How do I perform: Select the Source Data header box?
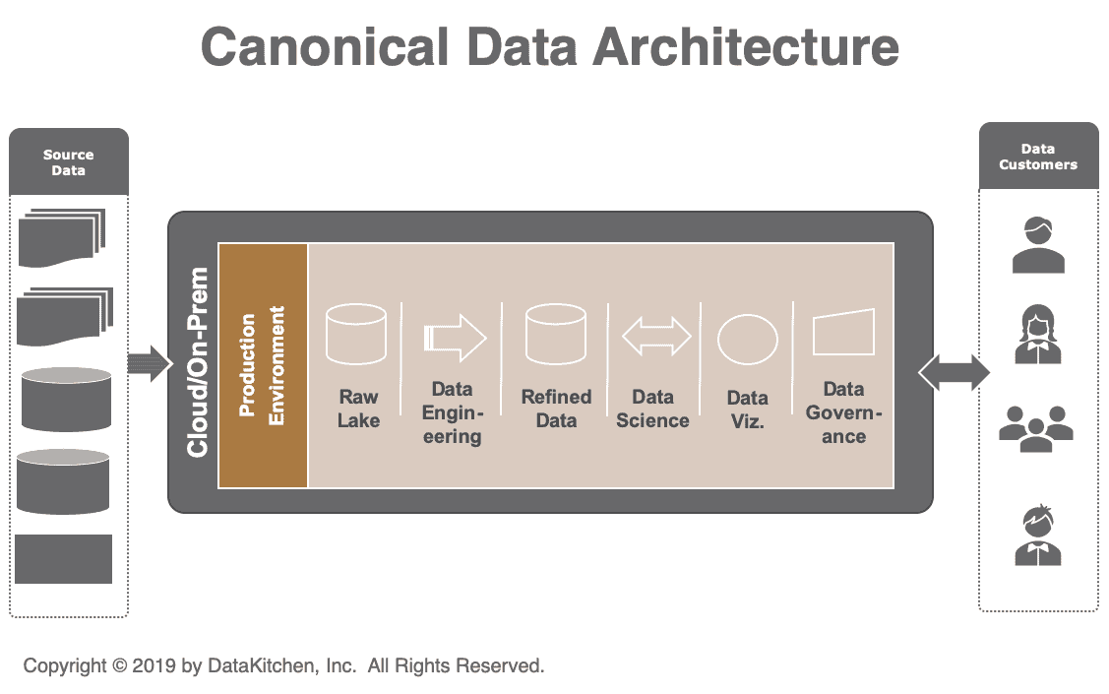click(69, 161)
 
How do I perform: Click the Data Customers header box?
click(1038, 157)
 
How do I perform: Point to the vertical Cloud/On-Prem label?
click(198, 361)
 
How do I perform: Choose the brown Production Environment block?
click(263, 364)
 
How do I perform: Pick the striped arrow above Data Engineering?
click(455, 338)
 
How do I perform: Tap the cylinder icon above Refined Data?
click(556, 336)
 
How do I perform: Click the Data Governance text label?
click(843, 412)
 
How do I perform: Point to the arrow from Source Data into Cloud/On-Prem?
click(150, 364)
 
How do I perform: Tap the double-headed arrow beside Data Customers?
click(954, 372)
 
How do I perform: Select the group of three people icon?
click(1035, 428)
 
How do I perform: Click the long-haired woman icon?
click(1038, 335)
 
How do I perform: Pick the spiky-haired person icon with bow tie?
click(1038, 536)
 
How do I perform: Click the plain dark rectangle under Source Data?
click(64, 559)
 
